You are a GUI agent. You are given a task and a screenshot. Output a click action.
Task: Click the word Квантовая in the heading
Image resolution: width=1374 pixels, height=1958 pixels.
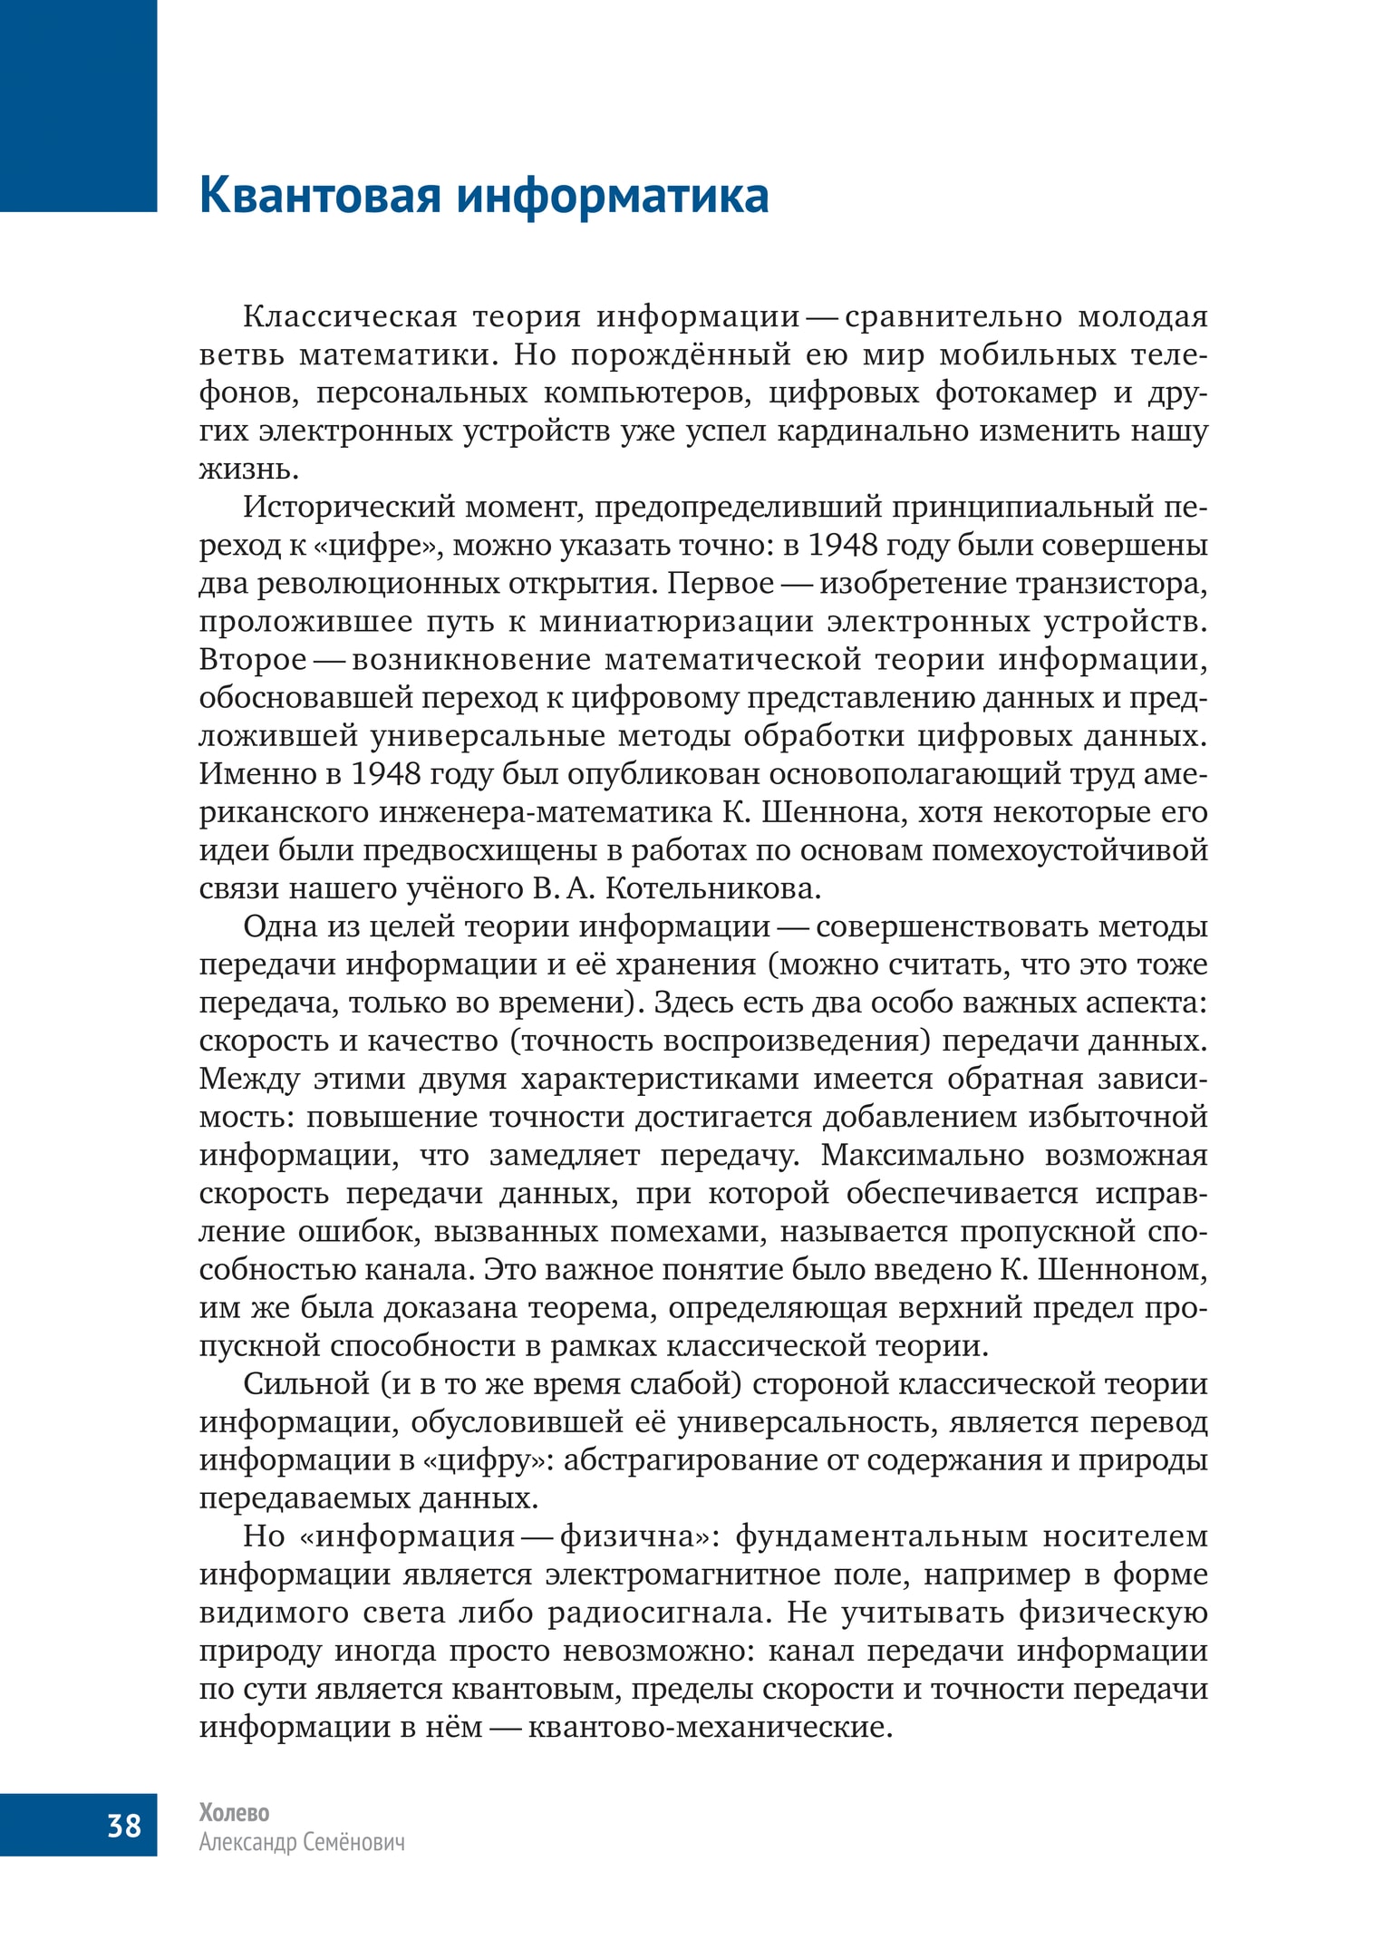click(321, 197)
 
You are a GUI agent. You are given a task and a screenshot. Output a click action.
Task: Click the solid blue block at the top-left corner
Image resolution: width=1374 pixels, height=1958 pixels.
click(78, 105)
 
